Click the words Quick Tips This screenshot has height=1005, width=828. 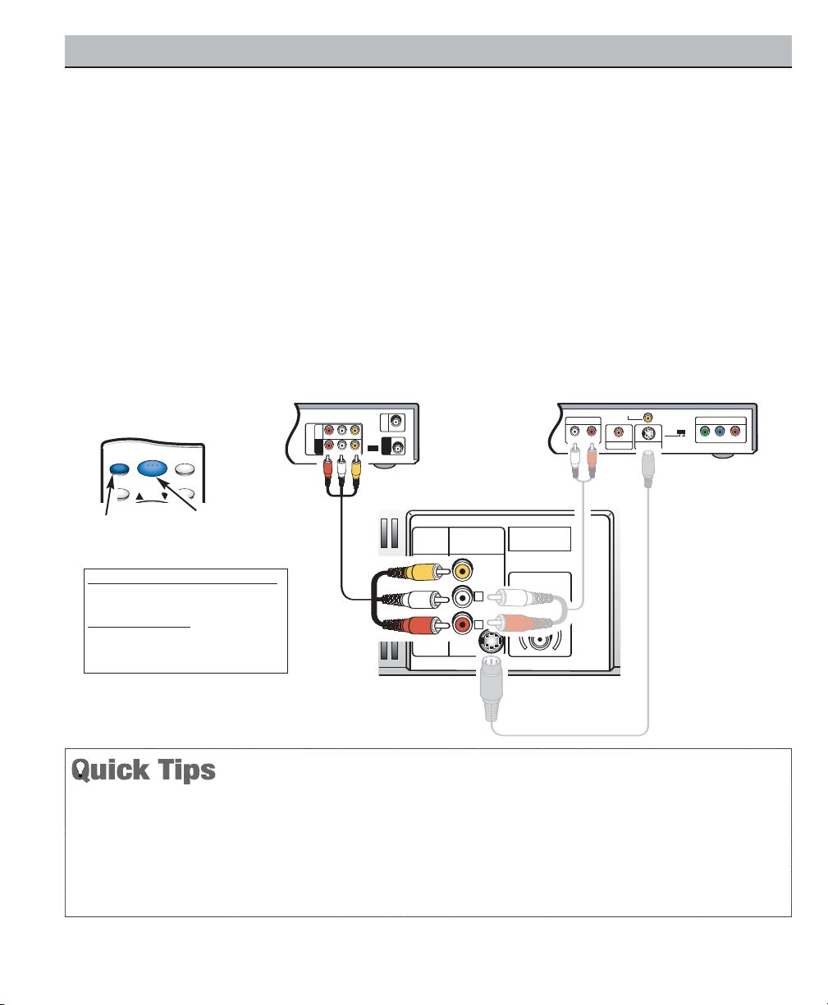click(x=144, y=770)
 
